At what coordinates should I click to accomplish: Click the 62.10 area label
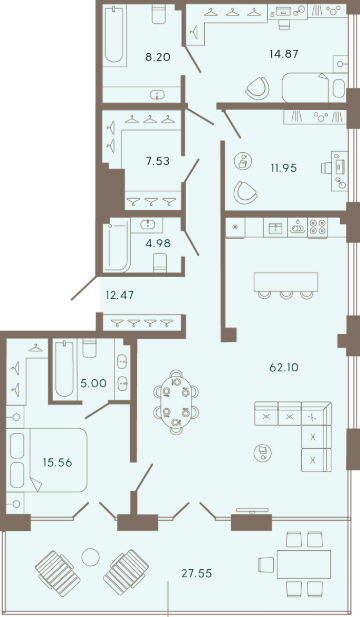click(284, 368)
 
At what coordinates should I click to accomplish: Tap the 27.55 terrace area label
click(197, 573)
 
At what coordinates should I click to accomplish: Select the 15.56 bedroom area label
click(57, 462)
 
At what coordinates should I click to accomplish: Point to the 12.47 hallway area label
click(120, 294)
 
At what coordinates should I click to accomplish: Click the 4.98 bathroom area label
click(158, 243)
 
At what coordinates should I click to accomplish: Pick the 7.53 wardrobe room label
click(157, 161)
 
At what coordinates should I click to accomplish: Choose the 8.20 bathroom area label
click(158, 57)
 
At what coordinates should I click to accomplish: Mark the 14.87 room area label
click(284, 54)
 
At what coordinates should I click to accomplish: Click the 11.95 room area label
click(283, 168)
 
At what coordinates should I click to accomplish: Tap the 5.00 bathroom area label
click(93, 383)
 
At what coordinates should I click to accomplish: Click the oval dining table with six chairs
click(176, 402)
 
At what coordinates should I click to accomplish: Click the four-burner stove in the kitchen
click(318, 227)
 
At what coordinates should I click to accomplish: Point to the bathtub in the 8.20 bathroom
click(114, 35)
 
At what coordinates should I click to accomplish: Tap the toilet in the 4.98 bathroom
click(160, 262)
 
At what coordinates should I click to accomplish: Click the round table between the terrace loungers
click(91, 557)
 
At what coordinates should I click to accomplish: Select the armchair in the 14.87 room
click(257, 88)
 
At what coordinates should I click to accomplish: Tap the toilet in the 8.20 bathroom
click(158, 14)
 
